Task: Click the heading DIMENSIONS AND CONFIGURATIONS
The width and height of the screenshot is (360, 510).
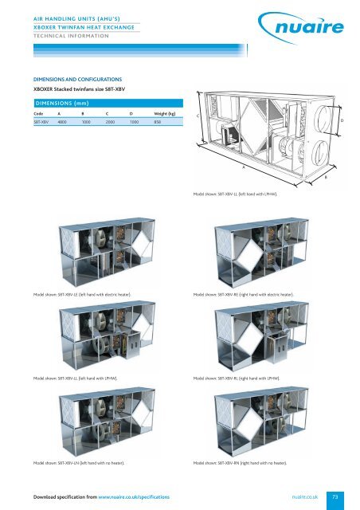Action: (76, 80)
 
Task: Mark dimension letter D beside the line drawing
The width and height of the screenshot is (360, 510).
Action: (342, 120)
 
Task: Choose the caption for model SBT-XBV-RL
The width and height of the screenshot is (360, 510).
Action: (245, 377)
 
